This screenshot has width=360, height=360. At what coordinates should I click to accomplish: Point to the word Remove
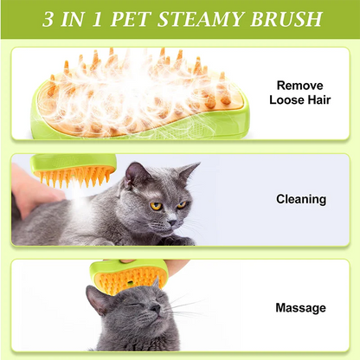299,86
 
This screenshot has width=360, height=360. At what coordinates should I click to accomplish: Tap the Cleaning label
300,199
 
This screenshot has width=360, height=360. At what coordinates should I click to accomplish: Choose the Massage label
299,307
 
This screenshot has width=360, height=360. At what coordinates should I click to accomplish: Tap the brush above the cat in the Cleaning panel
74,170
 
